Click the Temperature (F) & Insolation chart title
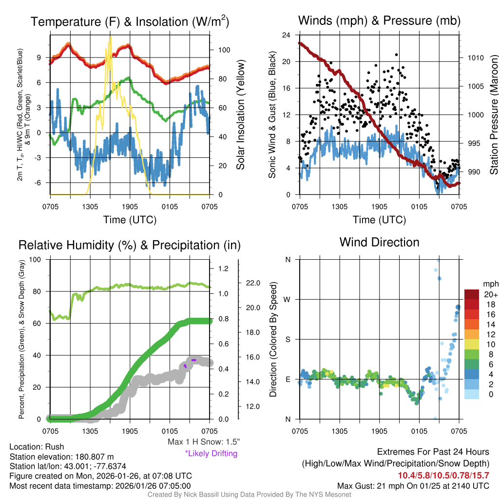(x=130, y=21)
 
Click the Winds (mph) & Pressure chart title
(x=379, y=20)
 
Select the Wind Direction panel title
(x=379, y=242)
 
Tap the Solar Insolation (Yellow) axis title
(x=240, y=115)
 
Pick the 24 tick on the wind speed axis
(x=287, y=35)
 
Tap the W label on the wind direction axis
(x=288, y=299)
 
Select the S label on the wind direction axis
(x=288, y=339)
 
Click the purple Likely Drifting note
(x=211, y=454)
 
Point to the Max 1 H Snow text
(x=204, y=442)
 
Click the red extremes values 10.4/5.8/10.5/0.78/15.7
(x=443, y=475)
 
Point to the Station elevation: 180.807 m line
(x=61, y=457)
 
